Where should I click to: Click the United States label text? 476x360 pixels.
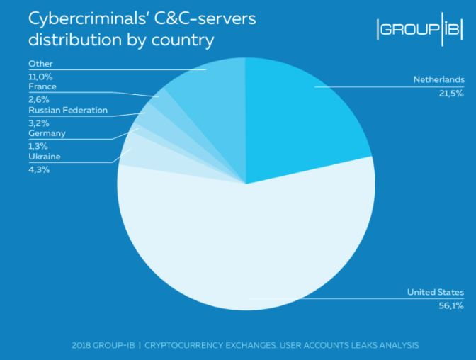coord(436,292)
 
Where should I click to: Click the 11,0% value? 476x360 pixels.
coord(40,76)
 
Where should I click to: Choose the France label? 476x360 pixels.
coord(42,87)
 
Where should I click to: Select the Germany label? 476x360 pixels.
coord(47,133)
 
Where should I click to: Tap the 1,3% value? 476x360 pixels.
coord(38,146)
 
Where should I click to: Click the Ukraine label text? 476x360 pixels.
coord(43,156)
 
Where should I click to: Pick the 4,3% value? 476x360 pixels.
coord(38,169)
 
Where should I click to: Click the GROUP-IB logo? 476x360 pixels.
coord(421,30)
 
